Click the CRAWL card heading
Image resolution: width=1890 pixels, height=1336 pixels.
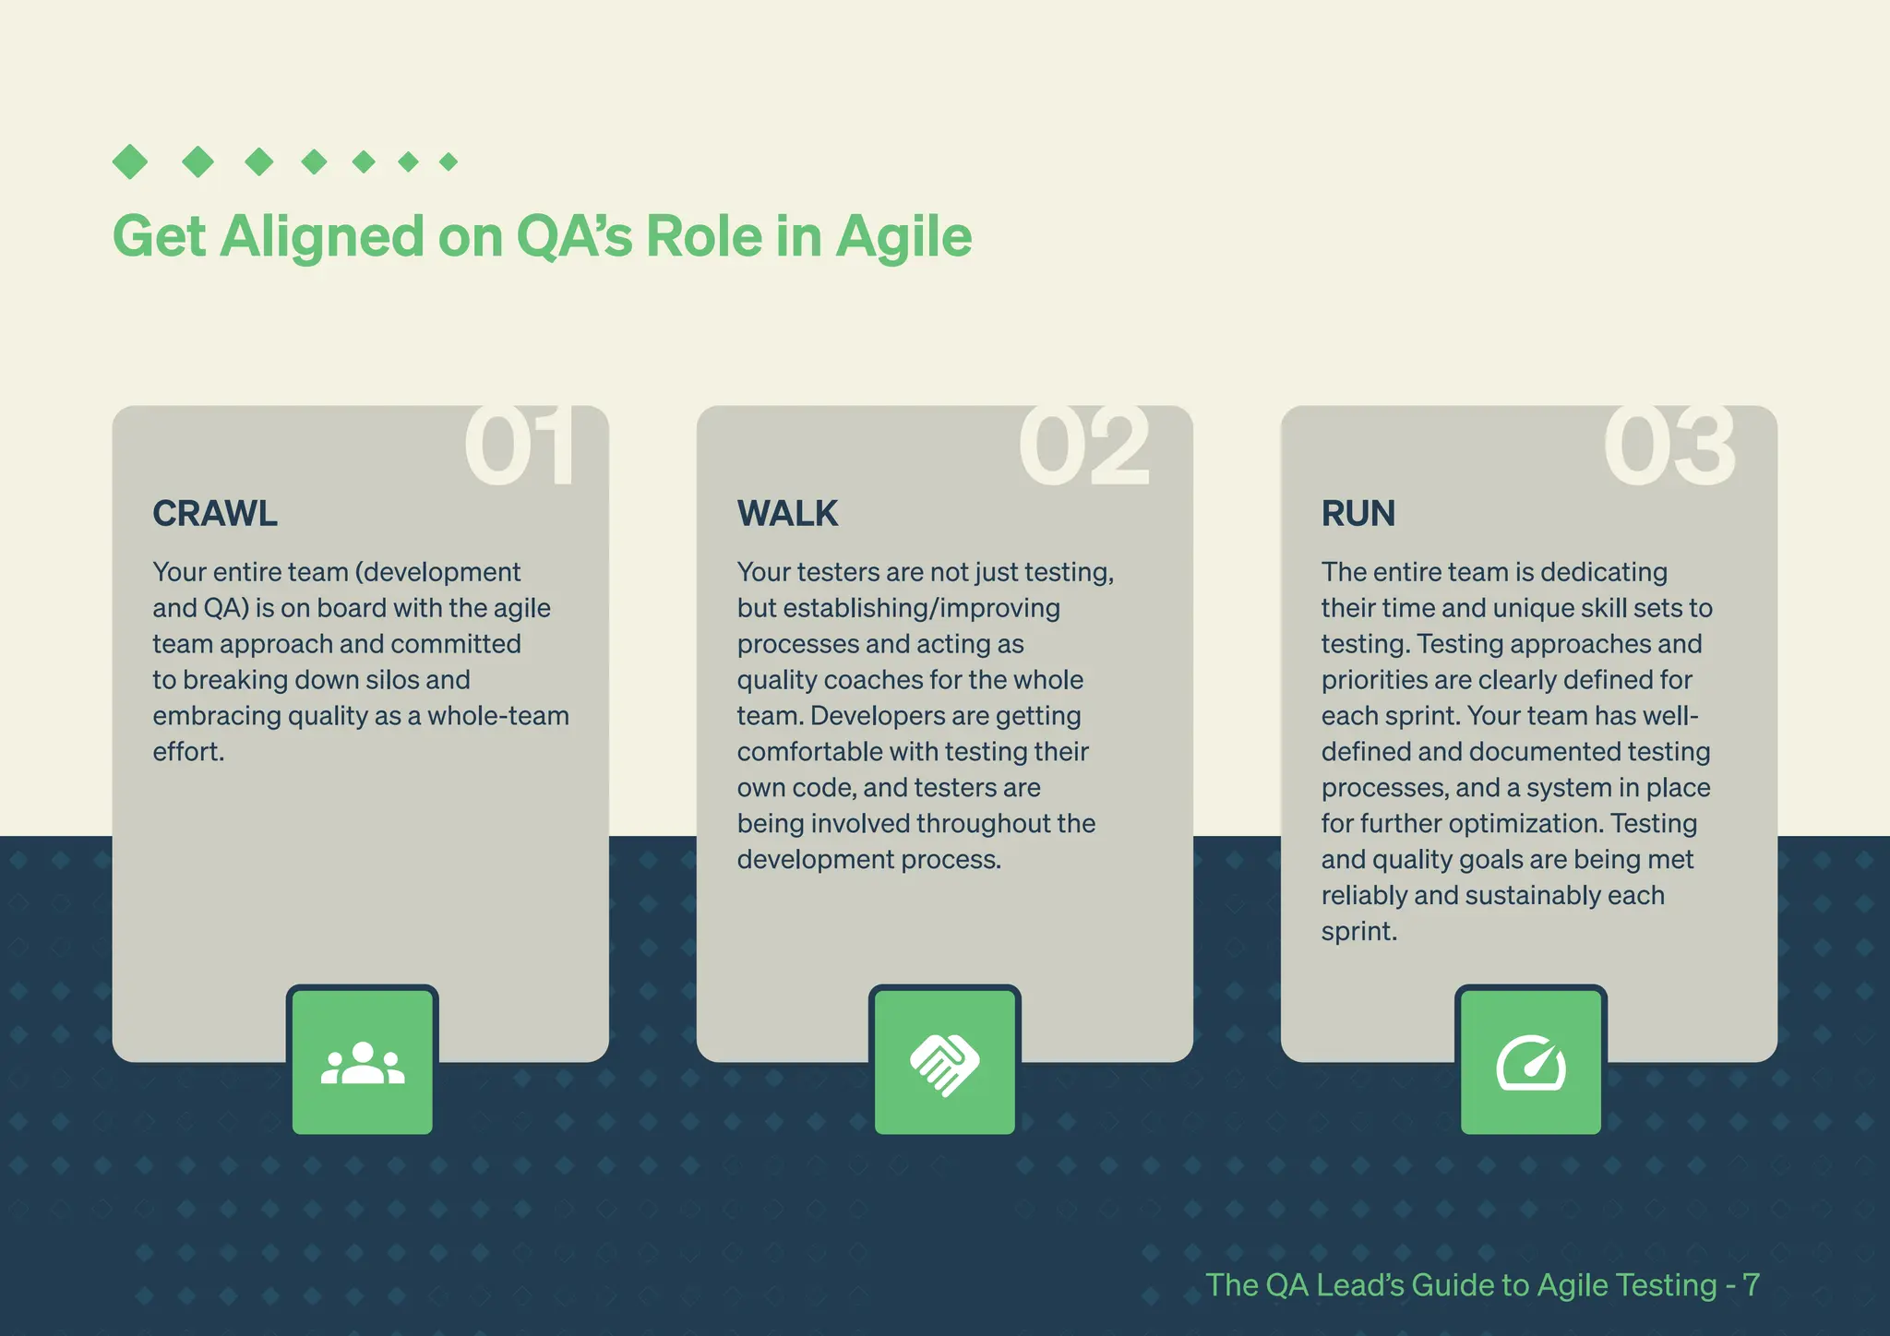(215, 513)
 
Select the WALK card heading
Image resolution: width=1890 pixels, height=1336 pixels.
(787, 513)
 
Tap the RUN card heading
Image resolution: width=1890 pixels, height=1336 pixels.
(1358, 513)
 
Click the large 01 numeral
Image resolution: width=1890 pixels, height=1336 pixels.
(520, 447)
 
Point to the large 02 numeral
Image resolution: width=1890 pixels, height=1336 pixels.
(1084, 447)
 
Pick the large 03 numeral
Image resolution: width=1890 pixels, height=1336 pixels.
(1669, 447)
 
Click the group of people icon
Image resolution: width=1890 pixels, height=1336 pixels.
(363, 1063)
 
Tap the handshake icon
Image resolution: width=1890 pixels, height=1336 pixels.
(944, 1064)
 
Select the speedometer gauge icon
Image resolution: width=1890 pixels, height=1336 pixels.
(1531, 1064)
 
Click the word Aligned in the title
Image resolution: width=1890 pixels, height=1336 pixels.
(322, 237)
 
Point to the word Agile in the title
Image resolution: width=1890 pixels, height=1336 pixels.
(903, 237)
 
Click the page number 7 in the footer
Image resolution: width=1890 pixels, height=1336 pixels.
(1750, 1284)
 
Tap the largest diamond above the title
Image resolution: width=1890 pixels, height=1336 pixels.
(130, 161)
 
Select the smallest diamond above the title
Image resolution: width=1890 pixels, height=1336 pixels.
(449, 162)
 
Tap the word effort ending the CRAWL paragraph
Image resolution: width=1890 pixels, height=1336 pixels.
(186, 752)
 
